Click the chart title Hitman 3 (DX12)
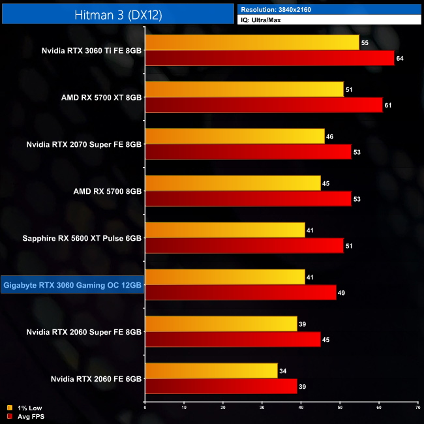tap(117, 13)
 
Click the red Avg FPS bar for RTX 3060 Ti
tap(269, 58)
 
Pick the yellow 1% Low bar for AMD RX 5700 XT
tap(244, 89)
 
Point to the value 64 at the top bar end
tap(399, 59)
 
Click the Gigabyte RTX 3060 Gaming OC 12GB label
tap(72, 284)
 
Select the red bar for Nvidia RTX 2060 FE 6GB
tap(220, 387)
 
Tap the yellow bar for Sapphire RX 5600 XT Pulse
tap(224, 230)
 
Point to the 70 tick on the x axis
tap(417, 408)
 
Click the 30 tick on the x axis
tap(262, 408)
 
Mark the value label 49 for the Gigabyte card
tap(341, 294)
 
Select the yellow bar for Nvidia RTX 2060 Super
tap(220, 324)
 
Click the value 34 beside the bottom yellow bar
tap(282, 372)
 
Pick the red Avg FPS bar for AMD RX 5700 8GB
tap(248, 199)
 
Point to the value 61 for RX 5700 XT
tap(387, 106)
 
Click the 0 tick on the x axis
tap(145, 408)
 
